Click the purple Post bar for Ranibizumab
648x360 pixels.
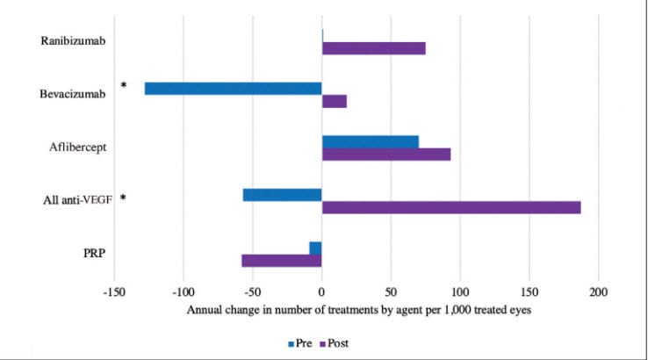[x=373, y=48]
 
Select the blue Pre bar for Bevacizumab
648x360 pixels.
[x=233, y=89]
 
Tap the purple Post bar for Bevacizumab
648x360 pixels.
[x=335, y=101]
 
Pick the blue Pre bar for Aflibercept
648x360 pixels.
[x=370, y=141]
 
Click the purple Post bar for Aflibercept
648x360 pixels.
[x=386, y=155]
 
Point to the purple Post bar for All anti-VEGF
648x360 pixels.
[x=451, y=207]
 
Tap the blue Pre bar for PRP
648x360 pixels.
[x=315, y=248]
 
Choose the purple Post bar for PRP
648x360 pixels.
[x=281, y=261]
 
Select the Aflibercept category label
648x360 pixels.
[x=78, y=148]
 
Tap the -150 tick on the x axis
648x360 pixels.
[x=114, y=292]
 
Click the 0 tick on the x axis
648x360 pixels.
[x=321, y=292]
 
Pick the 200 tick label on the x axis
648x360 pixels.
[x=598, y=292]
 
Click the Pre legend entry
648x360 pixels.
[x=300, y=342]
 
